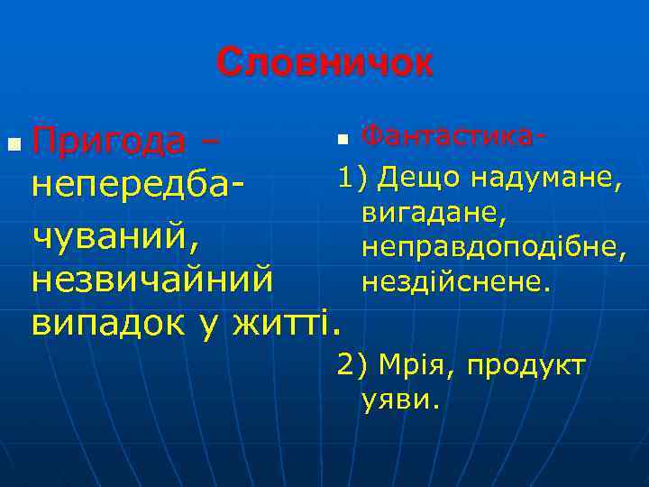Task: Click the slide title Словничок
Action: click(x=324, y=63)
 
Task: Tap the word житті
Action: click(x=288, y=321)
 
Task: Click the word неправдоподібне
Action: click(x=492, y=247)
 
